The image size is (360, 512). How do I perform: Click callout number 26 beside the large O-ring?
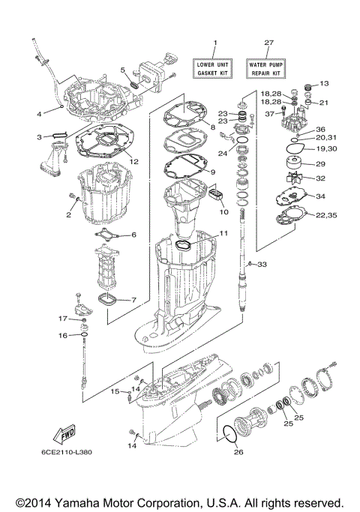pos(239,452)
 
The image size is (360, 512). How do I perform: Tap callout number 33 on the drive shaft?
pos(262,264)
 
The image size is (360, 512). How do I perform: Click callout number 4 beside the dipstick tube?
pos(39,114)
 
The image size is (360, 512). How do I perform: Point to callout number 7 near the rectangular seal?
pos(133,300)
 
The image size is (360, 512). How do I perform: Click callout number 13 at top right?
pos(325,84)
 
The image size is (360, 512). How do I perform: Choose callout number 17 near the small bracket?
pos(64,319)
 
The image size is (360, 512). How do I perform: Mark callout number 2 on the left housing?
pos(67,215)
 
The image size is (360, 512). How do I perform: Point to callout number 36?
pos(320,128)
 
